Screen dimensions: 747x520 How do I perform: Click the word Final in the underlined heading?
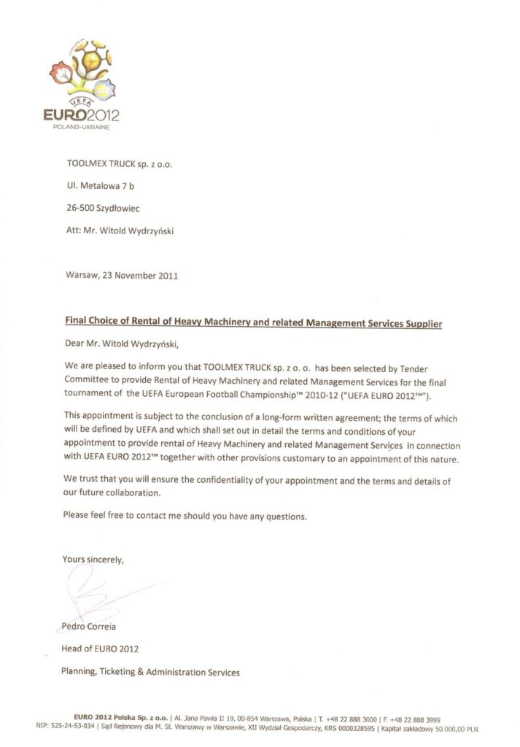pyautogui.click(x=77, y=320)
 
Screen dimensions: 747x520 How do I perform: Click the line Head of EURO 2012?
pyautogui.click(x=100, y=649)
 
